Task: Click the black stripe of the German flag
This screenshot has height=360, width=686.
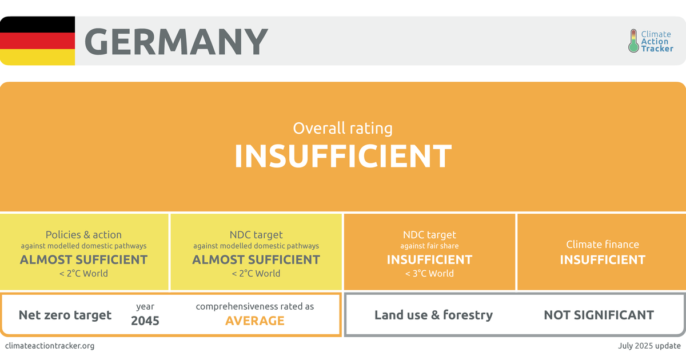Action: (37, 24)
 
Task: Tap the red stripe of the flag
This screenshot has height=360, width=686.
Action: (37, 41)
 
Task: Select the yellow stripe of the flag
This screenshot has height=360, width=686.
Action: (37, 57)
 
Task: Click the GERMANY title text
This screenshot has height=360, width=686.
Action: (176, 41)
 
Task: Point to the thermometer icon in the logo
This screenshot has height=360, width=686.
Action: (633, 41)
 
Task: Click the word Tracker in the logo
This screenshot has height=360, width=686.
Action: (657, 49)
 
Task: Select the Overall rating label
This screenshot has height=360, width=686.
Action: (342, 128)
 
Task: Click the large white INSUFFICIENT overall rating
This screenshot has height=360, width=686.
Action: (343, 156)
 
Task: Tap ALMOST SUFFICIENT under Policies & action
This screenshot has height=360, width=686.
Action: (83, 259)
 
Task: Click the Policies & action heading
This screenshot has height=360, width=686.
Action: (83, 234)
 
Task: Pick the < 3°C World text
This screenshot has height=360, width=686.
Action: (429, 273)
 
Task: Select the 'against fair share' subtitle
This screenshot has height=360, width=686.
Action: (429, 246)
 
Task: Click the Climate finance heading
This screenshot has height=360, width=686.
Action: (603, 245)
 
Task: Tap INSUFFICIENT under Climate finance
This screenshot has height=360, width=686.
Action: (603, 259)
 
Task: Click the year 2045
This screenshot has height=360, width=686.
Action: (145, 321)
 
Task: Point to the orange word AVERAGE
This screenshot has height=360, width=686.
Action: (255, 321)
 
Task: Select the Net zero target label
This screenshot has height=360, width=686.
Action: (65, 315)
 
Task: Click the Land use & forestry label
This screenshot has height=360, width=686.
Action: (434, 315)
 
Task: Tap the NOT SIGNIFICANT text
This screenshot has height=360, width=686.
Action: (599, 315)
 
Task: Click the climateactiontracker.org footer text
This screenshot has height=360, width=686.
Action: (50, 346)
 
